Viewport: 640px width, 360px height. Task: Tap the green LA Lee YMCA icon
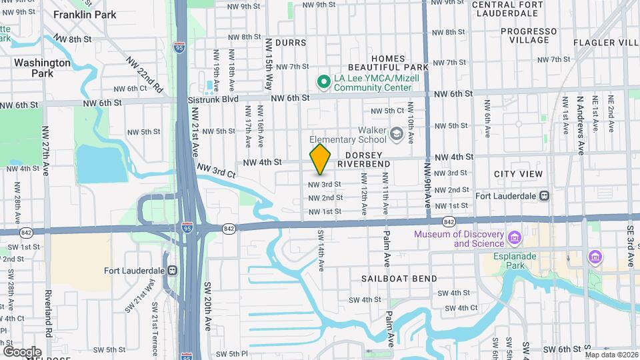[324, 82]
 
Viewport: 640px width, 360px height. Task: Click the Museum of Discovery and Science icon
[514, 238]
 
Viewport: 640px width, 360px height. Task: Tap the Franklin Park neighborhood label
[84, 15]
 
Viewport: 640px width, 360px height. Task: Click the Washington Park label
[42, 68]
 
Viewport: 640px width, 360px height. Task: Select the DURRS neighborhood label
[290, 43]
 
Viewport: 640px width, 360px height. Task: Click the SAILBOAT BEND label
[399, 279]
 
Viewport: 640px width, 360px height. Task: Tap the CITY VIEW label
[518, 174]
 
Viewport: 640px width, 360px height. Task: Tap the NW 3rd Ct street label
[217, 171]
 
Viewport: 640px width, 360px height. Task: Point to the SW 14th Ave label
[321, 250]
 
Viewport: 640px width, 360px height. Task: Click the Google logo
[22, 351]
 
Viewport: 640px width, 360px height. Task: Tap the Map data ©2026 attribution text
[611, 355]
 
